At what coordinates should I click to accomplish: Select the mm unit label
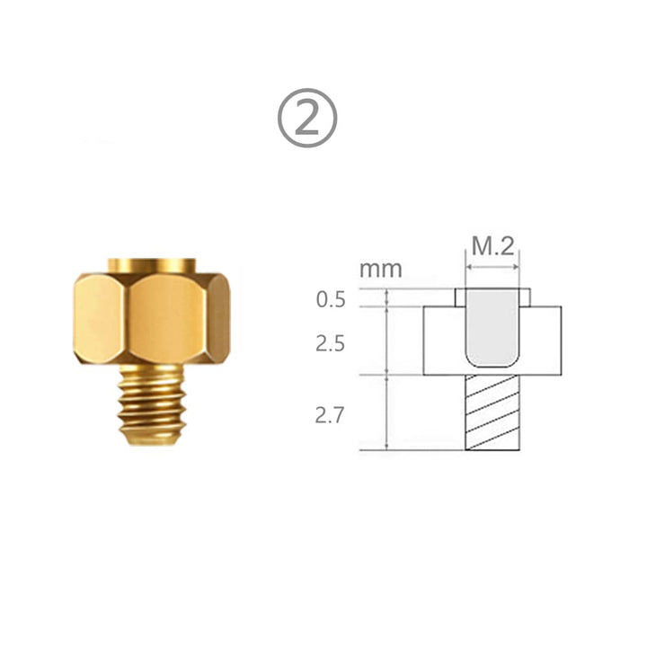tap(381, 268)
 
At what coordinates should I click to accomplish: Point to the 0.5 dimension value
tap(331, 299)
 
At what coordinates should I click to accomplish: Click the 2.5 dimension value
tap(331, 343)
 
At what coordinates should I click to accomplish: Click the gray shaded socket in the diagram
tap(492, 328)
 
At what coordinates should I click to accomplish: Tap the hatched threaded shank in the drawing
tap(492, 412)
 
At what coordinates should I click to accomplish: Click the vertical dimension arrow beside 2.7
tap(386, 412)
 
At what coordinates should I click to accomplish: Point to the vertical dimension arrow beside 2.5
tap(386, 341)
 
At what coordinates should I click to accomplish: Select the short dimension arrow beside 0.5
tap(386, 297)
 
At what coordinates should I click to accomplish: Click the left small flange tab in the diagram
tap(459, 297)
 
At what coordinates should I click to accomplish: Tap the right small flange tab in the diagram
tap(524, 297)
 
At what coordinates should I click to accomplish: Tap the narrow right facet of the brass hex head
tap(220, 317)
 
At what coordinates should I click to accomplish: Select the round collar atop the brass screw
tap(151, 265)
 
